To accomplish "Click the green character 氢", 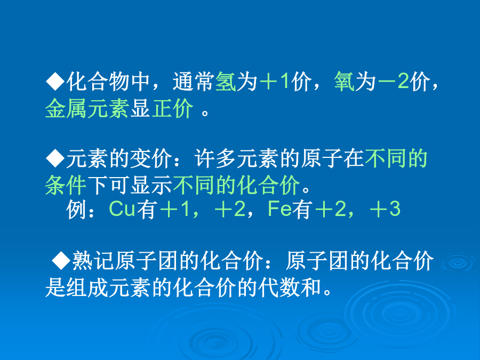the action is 226,82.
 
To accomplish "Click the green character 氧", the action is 344,82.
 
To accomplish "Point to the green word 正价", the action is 172,108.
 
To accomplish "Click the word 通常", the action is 194,82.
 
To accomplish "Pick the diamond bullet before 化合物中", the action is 55,82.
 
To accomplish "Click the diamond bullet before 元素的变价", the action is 55,158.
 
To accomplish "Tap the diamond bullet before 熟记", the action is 61,260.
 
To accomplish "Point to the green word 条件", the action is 66,185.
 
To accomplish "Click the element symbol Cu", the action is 122,209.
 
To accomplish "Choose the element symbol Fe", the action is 280,209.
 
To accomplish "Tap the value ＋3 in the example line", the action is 385,209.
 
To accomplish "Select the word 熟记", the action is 93,260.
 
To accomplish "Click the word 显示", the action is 151,185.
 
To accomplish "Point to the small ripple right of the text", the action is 458,262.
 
